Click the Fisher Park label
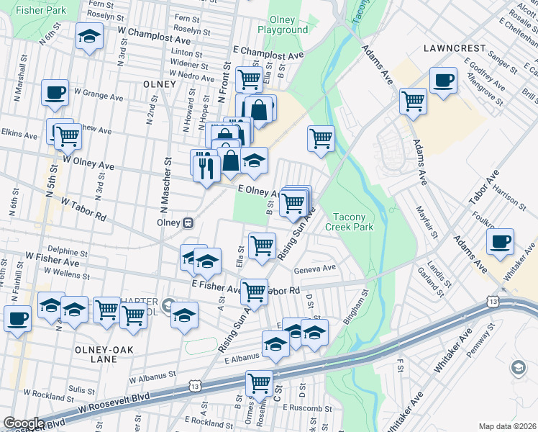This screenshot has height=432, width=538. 40,11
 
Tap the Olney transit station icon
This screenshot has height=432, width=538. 188,222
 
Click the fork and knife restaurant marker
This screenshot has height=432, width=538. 206,167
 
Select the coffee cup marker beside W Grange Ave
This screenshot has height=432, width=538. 55,93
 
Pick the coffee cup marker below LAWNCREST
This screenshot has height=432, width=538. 443,80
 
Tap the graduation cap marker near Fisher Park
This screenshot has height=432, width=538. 89,37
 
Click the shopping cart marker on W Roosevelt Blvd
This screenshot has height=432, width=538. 259,383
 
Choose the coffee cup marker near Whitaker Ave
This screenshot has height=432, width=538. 500,241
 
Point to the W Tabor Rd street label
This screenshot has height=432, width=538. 83,210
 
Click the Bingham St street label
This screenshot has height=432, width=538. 357,307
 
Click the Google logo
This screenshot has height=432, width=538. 24,423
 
